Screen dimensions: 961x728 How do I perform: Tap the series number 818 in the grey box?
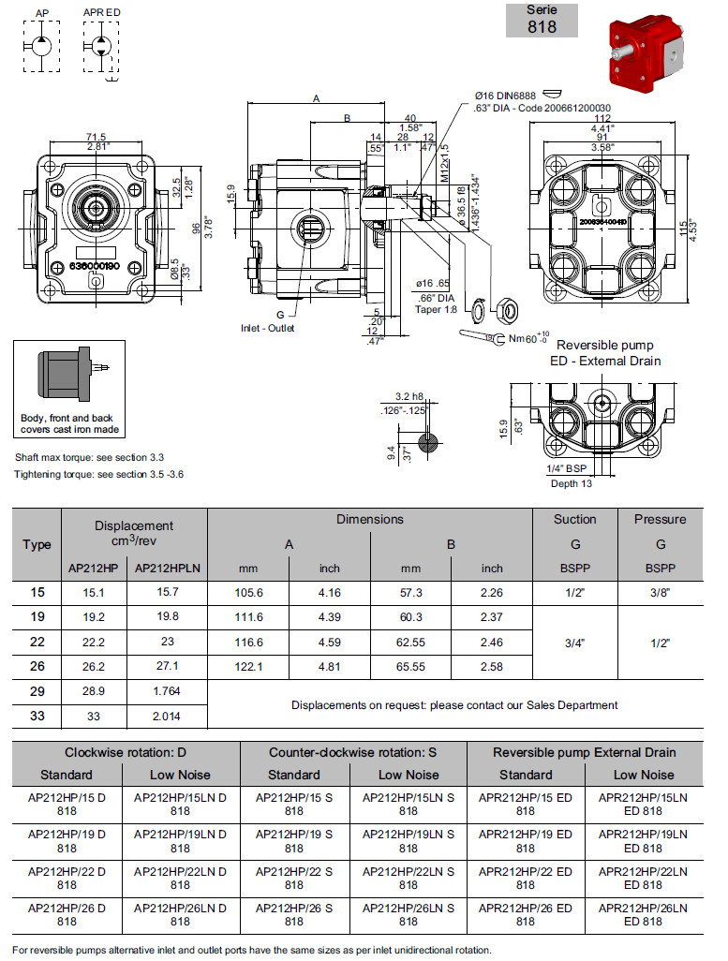click(x=542, y=26)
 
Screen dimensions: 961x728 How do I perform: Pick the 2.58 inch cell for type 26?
click(x=492, y=667)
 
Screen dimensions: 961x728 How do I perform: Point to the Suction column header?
click(x=574, y=519)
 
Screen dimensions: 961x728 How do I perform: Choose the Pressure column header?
click(x=660, y=519)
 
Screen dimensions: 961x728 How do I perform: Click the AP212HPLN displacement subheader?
click(x=168, y=568)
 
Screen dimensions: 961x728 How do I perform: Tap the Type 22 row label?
click(x=36, y=643)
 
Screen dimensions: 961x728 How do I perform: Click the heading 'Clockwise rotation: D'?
click(x=126, y=752)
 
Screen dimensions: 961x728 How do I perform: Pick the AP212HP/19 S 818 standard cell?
click(x=294, y=841)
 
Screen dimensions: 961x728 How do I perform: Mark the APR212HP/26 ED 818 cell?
click(x=526, y=914)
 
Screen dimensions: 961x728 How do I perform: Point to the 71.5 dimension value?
click(x=97, y=137)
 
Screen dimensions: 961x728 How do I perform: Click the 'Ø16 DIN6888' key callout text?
click(x=507, y=96)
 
